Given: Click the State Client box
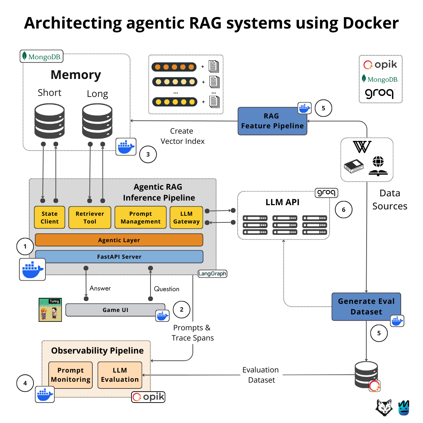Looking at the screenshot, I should pos(49,217).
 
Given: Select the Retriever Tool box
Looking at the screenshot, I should pos(90,217).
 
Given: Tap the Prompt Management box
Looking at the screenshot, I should pos(140,217).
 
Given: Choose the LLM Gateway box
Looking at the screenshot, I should pos(186,217).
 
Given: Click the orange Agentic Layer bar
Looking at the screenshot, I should pos(119,240).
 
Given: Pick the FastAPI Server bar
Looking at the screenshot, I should pos(119,257).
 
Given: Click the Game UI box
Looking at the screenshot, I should pos(115,310).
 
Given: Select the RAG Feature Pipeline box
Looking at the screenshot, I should pos(272,121).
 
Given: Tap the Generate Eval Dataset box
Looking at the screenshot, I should pos(366,307).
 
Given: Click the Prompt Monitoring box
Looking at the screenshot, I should pos(70,375).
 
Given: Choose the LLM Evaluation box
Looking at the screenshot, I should pos(120,375).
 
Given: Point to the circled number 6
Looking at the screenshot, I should pos(343,210).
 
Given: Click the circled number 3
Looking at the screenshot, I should pos(148,154).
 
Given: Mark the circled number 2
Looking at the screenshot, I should pos(182,309).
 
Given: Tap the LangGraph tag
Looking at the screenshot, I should pos(212,274).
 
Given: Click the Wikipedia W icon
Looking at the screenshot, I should pos(362,147).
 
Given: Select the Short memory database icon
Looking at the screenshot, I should pos(49,121).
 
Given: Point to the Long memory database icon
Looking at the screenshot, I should pos(97,121).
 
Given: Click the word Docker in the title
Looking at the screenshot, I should pos(370,23).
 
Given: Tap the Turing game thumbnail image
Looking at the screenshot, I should pos(50,310).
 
